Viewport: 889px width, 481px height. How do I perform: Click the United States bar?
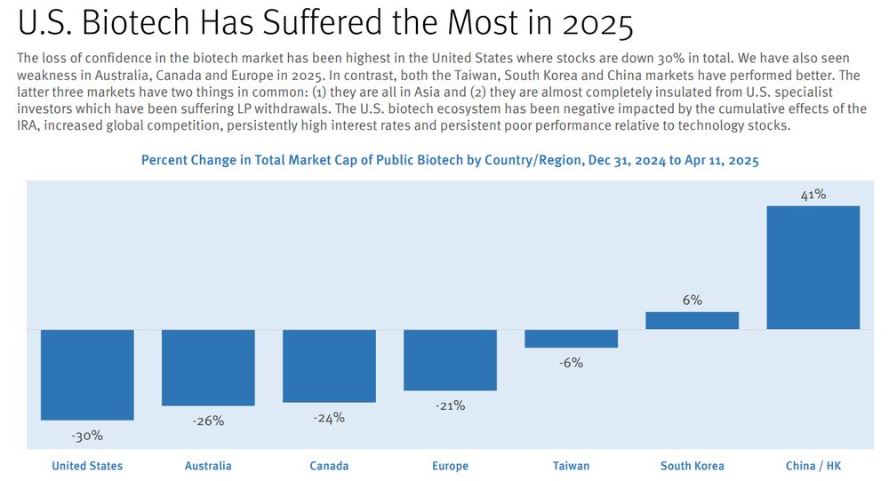point(87,374)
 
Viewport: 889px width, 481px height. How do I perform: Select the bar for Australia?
point(208,367)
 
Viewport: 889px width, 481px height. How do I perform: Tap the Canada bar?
point(329,365)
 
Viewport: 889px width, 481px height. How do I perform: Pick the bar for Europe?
point(450,360)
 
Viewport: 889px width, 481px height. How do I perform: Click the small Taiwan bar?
point(571,339)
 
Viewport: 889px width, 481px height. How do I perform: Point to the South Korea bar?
point(692,321)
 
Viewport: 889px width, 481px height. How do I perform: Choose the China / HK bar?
point(813,268)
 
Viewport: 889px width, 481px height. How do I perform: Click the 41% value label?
point(813,195)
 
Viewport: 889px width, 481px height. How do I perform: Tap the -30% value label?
point(87,436)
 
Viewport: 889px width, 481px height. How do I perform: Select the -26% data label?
point(208,421)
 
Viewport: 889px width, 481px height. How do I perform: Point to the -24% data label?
point(329,418)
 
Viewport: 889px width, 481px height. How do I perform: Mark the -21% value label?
point(450,406)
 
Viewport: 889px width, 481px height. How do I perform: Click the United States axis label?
point(87,466)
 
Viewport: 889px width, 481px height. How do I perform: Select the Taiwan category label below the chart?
point(571,466)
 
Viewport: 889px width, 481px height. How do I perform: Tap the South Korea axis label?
point(692,466)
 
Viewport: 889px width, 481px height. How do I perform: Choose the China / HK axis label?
point(813,466)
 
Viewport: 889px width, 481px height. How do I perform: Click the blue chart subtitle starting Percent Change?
point(450,161)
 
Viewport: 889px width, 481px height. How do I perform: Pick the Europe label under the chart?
point(450,466)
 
